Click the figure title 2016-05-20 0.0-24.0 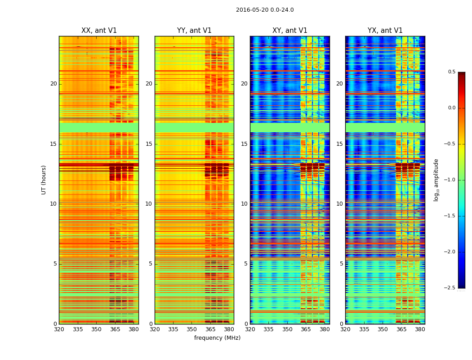265,10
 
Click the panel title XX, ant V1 99,31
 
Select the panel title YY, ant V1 194,31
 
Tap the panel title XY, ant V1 290,31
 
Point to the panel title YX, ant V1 385,31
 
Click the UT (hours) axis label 44,180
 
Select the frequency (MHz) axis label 217,338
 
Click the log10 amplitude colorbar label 436,180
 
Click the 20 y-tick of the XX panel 53,84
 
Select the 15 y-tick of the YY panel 149,144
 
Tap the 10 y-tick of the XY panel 244,204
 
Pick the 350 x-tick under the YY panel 192,329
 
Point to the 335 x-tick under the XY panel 269,329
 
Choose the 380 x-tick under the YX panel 420,329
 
